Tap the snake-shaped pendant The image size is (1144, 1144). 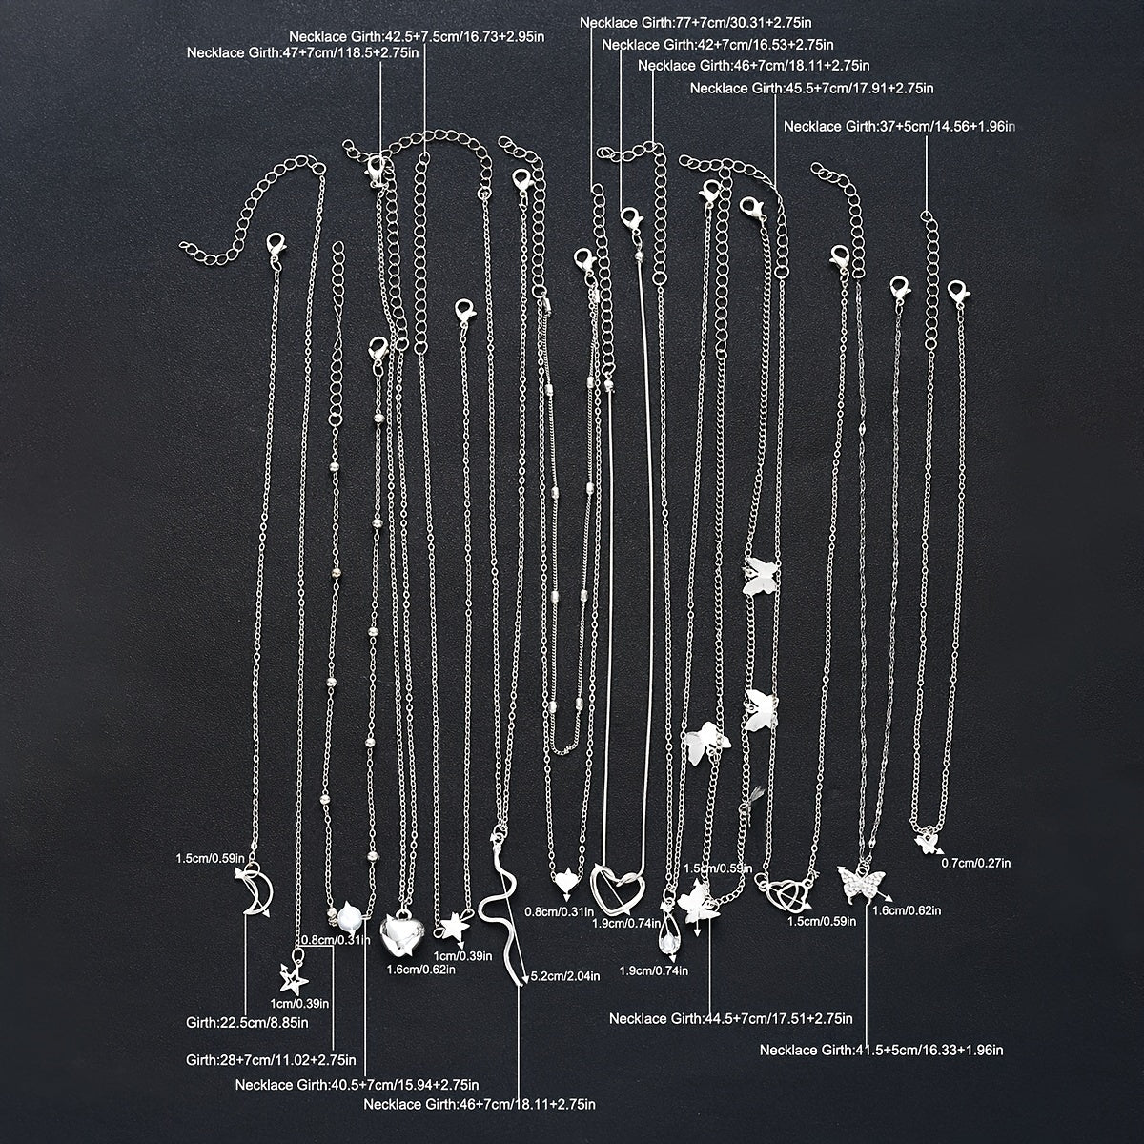click(x=500, y=908)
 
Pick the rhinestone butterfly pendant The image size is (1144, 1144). click(x=860, y=885)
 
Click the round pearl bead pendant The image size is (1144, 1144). click(x=350, y=918)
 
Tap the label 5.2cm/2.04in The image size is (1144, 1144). click(x=564, y=976)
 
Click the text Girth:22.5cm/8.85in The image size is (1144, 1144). click(x=247, y=1023)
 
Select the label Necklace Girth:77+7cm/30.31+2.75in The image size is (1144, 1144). click(x=695, y=23)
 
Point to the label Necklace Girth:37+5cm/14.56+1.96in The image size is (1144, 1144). click(x=899, y=127)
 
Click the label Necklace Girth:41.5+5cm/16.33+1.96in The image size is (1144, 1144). click(x=882, y=1051)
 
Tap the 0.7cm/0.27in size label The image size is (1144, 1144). click(x=976, y=863)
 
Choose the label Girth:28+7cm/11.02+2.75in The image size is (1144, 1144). click(x=271, y=1060)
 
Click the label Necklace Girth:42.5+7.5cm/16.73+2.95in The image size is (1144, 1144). click(x=417, y=37)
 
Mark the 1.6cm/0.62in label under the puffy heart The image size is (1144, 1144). click(x=421, y=970)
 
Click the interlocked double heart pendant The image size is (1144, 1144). click(x=784, y=890)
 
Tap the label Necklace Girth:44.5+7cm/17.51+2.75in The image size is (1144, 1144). click(x=731, y=1019)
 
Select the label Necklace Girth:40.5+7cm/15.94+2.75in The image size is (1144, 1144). click(x=357, y=1085)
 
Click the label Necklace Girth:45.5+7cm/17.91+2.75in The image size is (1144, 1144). click(x=811, y=89)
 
